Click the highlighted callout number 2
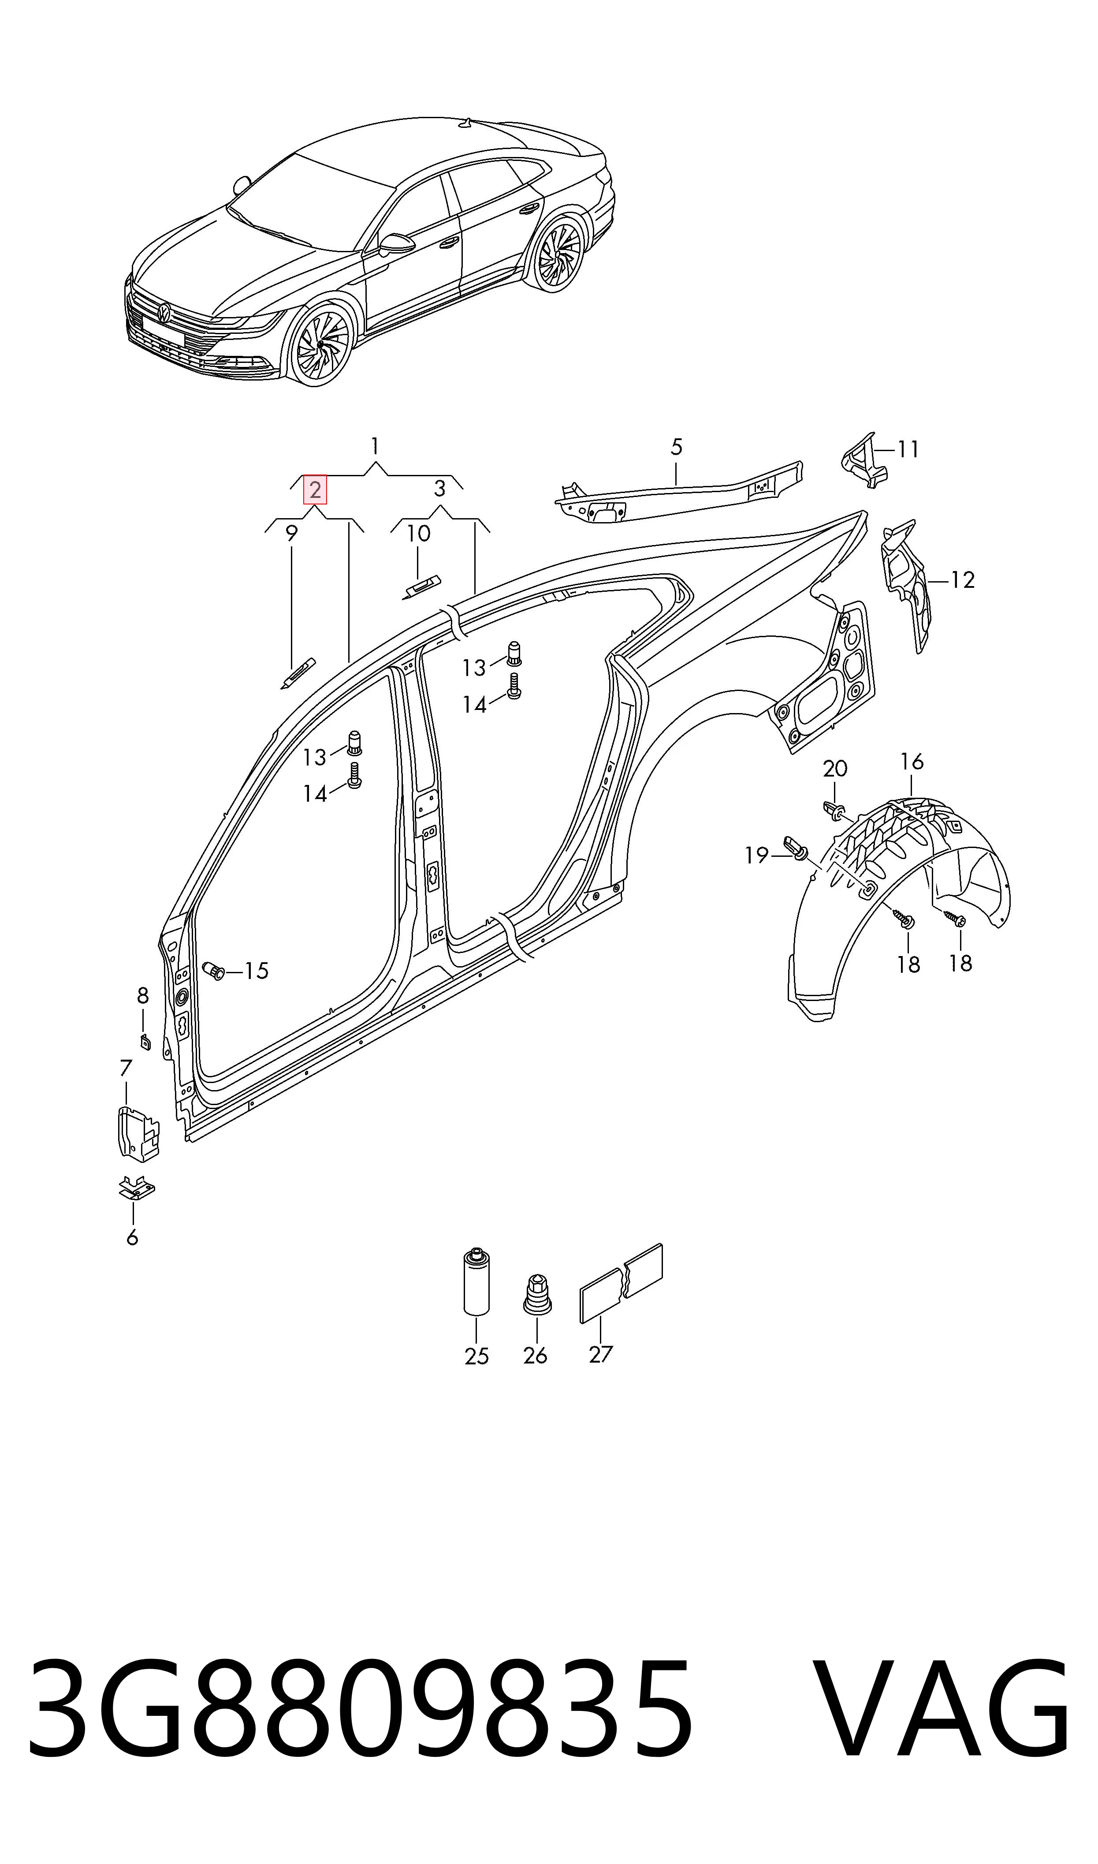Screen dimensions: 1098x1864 (x=315, y=490)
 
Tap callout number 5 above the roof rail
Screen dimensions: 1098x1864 (x=676, y=447)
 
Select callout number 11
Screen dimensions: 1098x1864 (x=908, y=449)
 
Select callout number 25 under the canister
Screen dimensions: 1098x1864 (x=476, y=1356)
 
